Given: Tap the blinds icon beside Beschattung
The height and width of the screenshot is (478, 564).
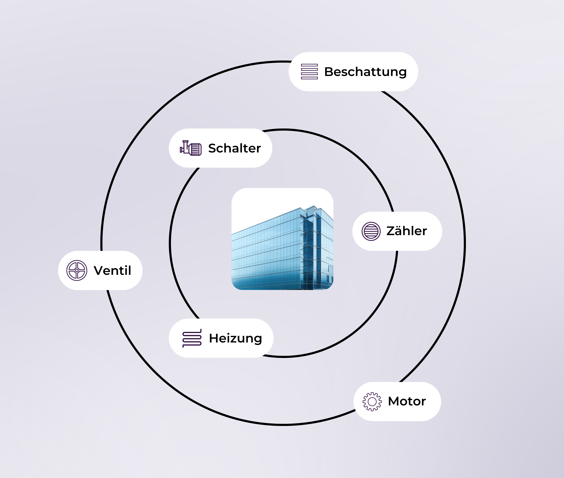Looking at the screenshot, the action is (309, 72).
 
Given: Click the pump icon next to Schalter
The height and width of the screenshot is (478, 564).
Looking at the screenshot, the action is (191, 148).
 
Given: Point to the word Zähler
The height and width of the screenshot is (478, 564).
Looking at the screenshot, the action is (407, 231).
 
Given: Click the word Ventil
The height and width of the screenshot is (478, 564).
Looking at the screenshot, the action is (112, 270).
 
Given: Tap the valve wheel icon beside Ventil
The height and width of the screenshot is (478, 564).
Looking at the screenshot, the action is (77, 270).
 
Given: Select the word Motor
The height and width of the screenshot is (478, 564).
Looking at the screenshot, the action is (407, 401).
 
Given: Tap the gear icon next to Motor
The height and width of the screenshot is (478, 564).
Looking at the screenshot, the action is (372, 401).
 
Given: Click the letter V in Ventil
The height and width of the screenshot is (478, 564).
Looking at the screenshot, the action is (99, 270).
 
